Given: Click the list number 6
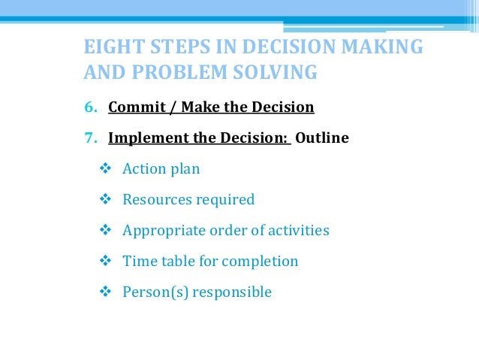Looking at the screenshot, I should tap(90, 107).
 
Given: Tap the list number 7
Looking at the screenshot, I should tap(90, 138).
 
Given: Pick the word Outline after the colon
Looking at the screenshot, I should tap(322, 138).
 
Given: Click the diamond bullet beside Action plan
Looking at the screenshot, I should tap(105, 168).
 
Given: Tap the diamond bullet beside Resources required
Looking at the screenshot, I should tap(105, 199).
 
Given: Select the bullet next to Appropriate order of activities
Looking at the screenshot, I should tap(105, 230).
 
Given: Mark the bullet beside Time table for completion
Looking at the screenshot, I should tap(105, 261).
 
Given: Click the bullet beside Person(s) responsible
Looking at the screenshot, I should tap(105, 292).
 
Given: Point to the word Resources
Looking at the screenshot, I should tap(156, 200).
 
